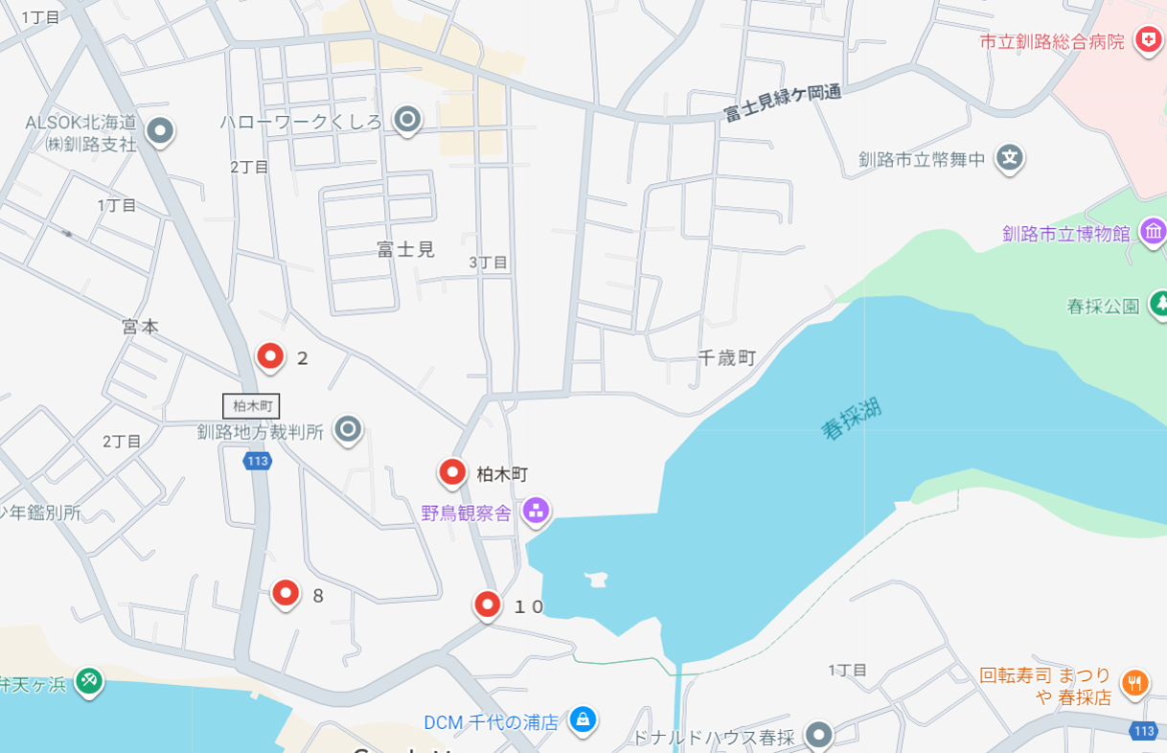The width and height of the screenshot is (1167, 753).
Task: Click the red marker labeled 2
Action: [x=271, y=356]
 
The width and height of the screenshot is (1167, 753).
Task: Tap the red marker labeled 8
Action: [x=286, y=594]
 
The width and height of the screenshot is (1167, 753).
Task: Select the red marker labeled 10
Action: [x=488, y=605]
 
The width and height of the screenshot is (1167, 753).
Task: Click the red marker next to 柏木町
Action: [x=452, y=472]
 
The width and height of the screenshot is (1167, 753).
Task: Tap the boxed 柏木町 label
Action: [x=251, y=406]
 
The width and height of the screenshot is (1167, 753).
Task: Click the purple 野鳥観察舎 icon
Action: [x=536, y=511]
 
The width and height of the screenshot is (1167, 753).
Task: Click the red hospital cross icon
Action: [x=1146, y=40]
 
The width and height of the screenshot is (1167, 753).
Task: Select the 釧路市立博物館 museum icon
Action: [x=1153, y=231]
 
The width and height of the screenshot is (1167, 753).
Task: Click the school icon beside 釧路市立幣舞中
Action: [x=1010, y=158]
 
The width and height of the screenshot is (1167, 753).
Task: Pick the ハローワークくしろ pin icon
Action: [x=407, y=120]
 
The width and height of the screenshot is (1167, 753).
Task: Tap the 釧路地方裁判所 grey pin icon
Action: [x=348, y=429]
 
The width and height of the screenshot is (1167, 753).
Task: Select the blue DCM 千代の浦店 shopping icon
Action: [x=582, y=719]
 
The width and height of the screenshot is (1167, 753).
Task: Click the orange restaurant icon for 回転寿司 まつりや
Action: [x=1134, y=682]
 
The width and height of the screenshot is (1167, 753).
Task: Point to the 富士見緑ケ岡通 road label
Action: [x=782, y=103]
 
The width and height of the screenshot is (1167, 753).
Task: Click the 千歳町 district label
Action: [x=727, y=358]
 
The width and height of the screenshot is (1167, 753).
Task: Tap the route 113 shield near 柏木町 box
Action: [x=257, y=462]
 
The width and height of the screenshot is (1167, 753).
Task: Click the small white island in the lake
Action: [x=596, y=580]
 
